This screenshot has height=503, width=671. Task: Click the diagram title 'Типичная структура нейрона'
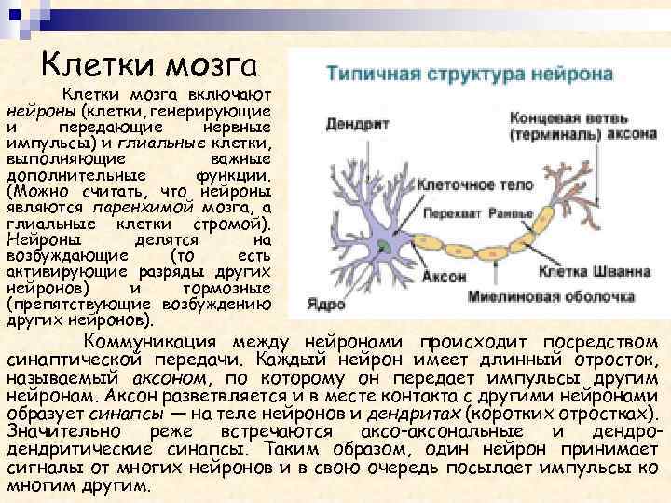[468, 73]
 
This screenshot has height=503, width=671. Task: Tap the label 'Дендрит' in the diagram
[349, 121]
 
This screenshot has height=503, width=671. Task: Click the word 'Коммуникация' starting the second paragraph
[151, 340]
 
